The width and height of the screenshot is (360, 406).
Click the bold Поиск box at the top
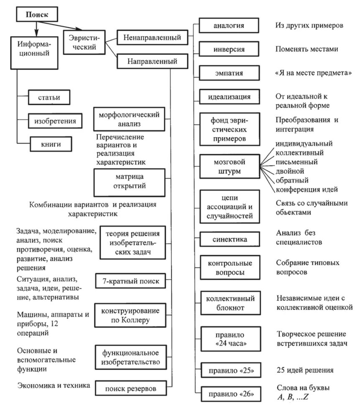click(x=37, y=15)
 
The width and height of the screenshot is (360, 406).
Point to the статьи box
click(x=49, y=98)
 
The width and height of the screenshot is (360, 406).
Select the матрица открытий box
click(x=129, y=181)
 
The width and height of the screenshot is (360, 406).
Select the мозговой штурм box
click(x=229, y=166)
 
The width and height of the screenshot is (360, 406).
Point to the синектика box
click(x=229, y=240)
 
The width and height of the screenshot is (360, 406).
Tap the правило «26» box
click(x=229, y=394)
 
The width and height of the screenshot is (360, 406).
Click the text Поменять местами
click(x=306, y=49)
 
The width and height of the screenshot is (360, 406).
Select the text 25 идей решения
click(x=305, y=370)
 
